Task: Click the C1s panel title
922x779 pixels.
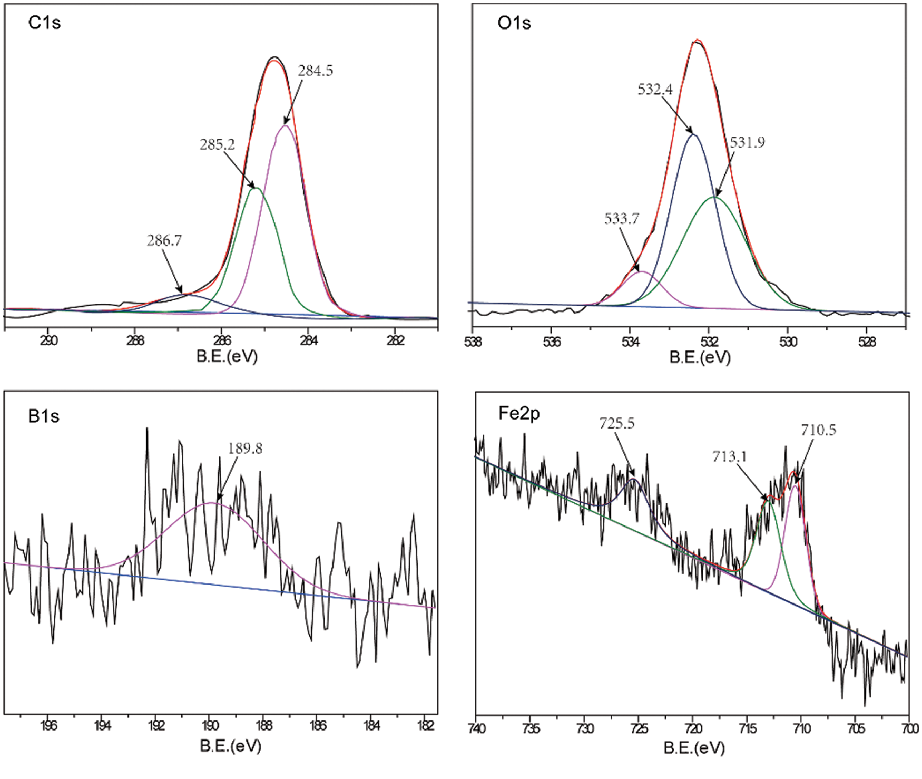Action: [44, 23]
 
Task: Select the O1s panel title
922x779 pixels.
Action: [514, 23]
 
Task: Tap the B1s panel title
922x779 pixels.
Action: [44, 416]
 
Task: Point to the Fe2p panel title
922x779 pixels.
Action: [519, 414]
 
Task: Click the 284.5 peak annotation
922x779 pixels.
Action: [316, 71]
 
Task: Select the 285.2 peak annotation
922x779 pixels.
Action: [217, 144]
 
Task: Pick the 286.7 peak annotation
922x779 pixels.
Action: [164, 241]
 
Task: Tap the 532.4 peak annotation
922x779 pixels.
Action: [655, 90]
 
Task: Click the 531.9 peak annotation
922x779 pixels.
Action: [747, 142]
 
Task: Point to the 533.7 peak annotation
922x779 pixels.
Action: [622, 219]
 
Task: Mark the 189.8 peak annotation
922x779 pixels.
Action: [245, 449]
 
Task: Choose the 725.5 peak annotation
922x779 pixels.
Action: [617, 423]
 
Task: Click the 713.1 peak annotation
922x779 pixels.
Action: [730, 456]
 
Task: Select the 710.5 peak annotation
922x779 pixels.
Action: [818, 430]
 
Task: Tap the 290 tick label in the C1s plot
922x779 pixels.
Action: [48, 340]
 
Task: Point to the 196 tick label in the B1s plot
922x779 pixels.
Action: [48, 726]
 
